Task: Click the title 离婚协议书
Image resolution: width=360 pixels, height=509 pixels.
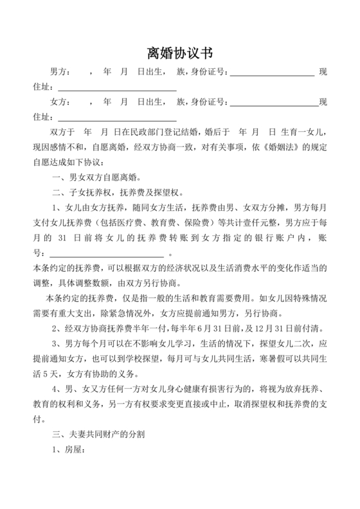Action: pos(179,52)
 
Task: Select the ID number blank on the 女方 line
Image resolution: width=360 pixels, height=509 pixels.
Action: pos(274,103)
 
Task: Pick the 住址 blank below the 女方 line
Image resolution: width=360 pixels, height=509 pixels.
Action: pos(117,118)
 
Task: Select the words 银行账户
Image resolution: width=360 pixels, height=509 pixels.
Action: pos(249,237)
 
